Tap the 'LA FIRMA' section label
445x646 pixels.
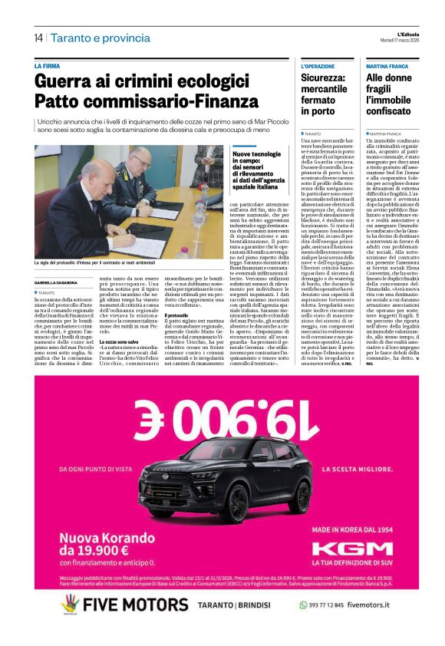[x=47, y=67]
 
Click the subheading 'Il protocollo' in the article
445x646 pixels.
[x=177, y=315]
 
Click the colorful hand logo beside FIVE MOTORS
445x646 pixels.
[x=71, y=605]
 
